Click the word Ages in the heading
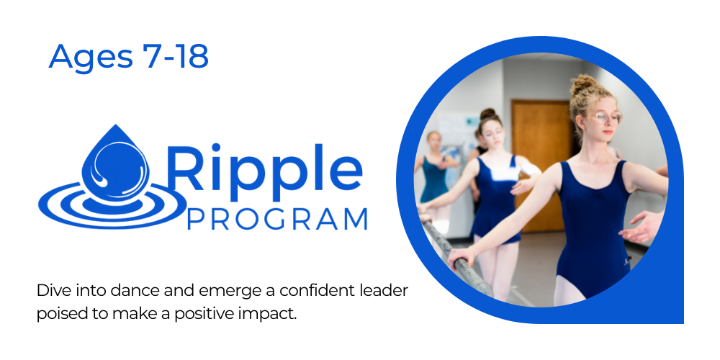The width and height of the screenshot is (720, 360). [x=91, y=57]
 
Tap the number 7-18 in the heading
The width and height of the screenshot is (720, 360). [x=176, y=56]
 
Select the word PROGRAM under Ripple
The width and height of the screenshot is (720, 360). [x=277, y=220]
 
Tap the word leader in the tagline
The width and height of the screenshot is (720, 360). [x=384, y=291]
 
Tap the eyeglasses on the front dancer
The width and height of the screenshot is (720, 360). [x=604, y=117]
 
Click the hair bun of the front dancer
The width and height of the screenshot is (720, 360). [x=584, y=84]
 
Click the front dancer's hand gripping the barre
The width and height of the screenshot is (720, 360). [x=460, y=258]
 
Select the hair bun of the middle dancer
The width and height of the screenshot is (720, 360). [x=488, y=114]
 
